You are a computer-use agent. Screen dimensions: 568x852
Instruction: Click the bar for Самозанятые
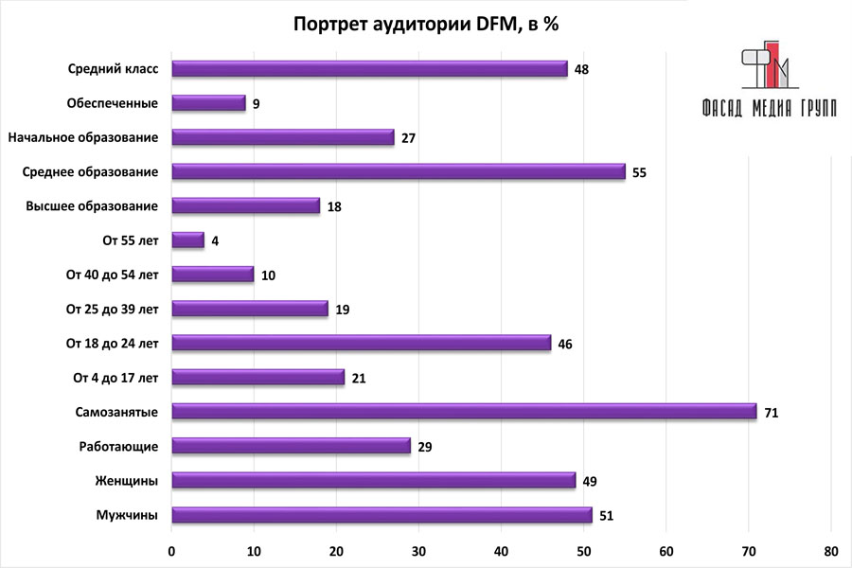(x=464, y=411)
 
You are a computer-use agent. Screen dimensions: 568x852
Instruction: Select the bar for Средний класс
(x=369, y=68)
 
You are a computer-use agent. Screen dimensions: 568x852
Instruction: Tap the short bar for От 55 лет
(x=187, y=240)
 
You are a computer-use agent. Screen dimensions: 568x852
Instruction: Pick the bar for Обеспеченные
(x=208, y=103)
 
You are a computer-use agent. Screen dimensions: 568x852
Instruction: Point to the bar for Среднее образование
(x=398, y=171)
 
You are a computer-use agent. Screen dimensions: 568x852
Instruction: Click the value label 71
(x=771, y=412)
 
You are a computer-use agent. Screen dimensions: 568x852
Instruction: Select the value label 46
(x=565, y=344)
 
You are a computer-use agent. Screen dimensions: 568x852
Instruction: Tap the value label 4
(x=215, y=240)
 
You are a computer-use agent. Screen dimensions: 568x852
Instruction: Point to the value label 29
(x=425, y=447)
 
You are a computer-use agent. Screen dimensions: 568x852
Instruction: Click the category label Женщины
(x=127, y=481)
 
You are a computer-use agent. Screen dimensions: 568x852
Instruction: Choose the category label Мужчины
(x=127, y=515)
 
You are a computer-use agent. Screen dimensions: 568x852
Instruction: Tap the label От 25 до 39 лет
(x=112, y=309)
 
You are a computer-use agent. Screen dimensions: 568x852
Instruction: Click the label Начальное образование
(x=82, y=137)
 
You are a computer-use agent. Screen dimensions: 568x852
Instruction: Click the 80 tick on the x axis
(x=830, y=551)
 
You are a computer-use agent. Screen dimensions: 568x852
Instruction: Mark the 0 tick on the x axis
(x=171, y=551)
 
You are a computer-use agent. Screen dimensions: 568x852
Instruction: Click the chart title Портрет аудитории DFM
(x=425, y=24)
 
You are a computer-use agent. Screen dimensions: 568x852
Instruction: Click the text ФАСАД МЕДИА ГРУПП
(x=769, y=108)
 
